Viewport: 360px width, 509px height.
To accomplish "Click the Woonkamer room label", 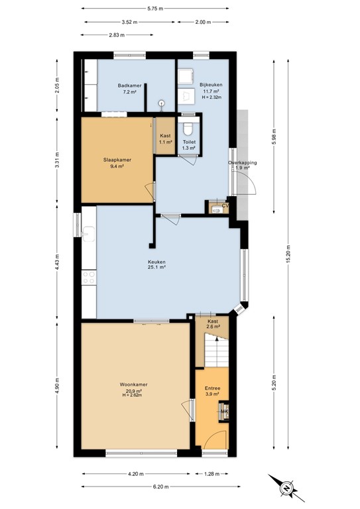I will pos(133,384).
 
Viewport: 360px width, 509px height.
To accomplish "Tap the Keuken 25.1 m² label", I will pos(156,262).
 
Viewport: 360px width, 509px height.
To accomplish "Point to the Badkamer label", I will pos(128,85).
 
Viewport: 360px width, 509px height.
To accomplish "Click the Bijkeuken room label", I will pos(211,85).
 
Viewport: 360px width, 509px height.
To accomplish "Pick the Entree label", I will pos(212,388).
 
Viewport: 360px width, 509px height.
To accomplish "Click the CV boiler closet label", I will pos(225,206).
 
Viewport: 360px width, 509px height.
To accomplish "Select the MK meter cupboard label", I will pos(224,412).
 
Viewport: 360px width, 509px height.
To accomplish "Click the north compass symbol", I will pos(284,489).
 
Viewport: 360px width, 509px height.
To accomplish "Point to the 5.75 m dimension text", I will pos(156,8).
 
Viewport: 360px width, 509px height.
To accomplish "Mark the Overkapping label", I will pos(242,162).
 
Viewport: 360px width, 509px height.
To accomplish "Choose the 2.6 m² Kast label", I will pos(213,323).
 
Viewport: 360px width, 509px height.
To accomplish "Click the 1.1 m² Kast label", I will pos(165,139).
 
